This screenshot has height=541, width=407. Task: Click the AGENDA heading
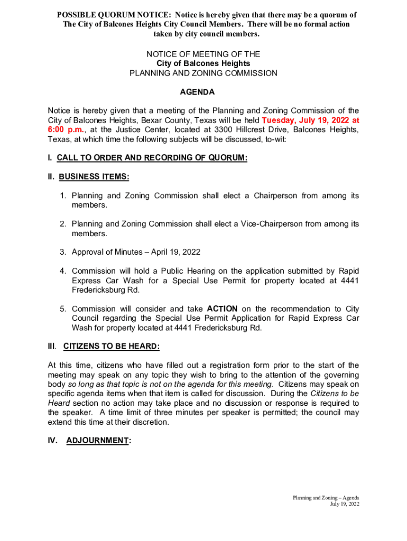(x=197, y=92)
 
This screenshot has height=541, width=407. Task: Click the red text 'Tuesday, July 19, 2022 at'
(x=310, y=120)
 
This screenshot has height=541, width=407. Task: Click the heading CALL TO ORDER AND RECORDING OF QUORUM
(x=152, y=157)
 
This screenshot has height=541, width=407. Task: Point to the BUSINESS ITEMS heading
(x=94, y=176)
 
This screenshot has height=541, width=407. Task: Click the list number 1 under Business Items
(x=62, y=196)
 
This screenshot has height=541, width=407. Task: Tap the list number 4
(x=62, y=271)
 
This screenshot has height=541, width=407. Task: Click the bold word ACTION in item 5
(x=222, y=309)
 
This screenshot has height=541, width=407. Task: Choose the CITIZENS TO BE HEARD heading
(x=111, y=347)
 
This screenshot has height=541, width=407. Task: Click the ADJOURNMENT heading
(x=98, y=440)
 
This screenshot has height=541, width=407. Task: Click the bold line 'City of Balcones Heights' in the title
(x=203, y=64)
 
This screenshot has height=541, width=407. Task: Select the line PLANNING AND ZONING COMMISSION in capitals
(x=203, y=73)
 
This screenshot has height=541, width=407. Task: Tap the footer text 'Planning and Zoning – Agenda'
(x=327, y=498)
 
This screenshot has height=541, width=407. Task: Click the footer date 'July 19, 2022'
(x=345, y=504)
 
